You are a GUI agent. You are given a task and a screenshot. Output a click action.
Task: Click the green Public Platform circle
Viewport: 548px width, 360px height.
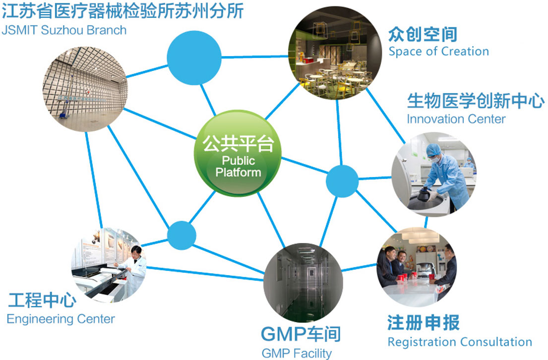[x=238, y=153]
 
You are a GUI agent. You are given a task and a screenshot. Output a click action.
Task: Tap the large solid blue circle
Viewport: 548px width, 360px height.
[x=194, y=58]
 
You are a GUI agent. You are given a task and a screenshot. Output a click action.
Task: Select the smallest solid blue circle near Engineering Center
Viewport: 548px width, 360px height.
[x=182, y=235]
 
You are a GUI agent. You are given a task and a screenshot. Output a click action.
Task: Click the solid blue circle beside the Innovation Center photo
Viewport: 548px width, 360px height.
[x=342, y=181]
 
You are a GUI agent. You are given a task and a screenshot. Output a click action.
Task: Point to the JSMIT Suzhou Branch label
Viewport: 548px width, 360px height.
[x=64, y=30]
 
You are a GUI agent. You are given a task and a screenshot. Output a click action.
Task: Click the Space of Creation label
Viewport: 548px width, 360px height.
[x=438, y=52]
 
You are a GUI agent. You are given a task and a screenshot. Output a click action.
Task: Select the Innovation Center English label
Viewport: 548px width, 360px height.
[x=456, y=119]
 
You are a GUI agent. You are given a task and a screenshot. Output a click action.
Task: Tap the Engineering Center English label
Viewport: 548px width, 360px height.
[x=61, y=319]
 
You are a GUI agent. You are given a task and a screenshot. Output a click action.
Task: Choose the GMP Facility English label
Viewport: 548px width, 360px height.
[x=297, y=353]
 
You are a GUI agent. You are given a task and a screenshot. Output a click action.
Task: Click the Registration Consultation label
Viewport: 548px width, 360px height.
[x=460, y=342]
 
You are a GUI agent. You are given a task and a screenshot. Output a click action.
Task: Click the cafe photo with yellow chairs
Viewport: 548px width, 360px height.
[x=335, y=53]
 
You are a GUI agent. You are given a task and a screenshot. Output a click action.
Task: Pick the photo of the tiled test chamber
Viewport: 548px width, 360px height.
[x=85, y=89]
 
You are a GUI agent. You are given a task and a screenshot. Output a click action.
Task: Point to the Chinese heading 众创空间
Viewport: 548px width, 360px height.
[x=423, y=34]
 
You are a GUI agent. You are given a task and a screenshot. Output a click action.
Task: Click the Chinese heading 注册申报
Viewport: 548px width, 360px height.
[x=423, y=322]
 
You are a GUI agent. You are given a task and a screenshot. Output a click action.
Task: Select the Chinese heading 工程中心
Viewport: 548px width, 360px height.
[x=42, y=300]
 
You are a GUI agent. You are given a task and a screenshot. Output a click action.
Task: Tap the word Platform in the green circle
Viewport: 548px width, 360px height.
[x=239, y=172]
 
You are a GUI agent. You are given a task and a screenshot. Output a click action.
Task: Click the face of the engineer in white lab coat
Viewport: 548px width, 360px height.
[x=135, y=252]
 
